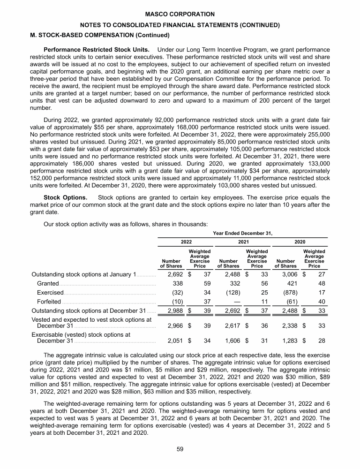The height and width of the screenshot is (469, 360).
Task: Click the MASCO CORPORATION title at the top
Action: (180, 15)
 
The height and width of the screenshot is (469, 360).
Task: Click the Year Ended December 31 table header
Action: (243, 232)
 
